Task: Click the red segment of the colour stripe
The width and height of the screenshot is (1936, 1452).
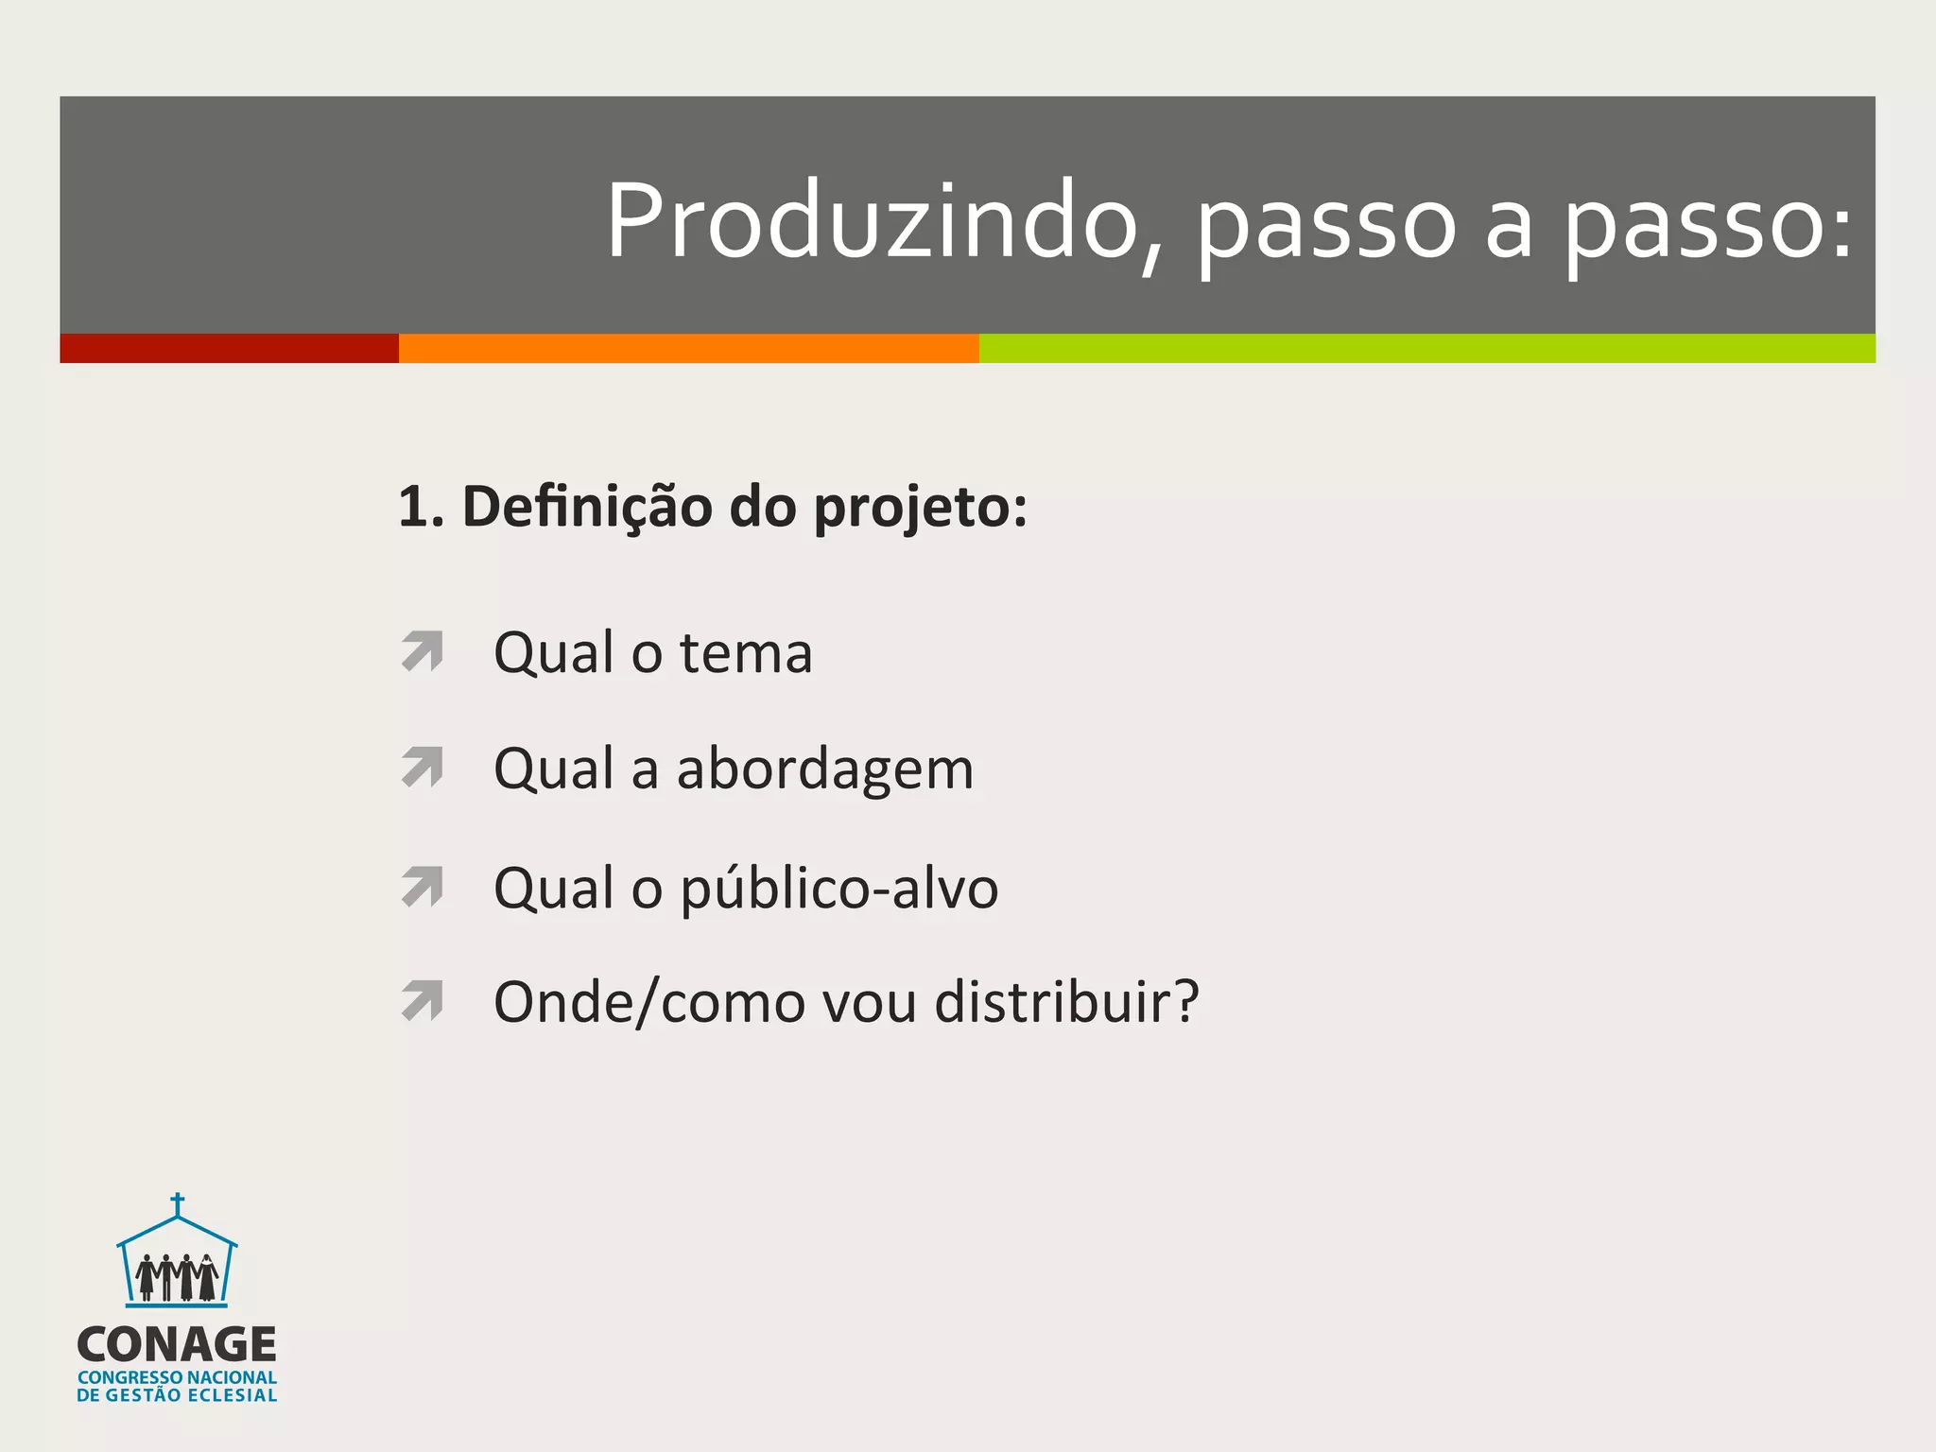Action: [229, 348]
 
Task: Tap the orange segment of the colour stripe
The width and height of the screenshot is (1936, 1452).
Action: [688, 348]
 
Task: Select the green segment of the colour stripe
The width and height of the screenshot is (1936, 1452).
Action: [1426, 348]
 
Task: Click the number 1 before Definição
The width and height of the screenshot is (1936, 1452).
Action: [412, 508]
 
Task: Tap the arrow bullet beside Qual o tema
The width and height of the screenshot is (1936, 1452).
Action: [423, 651]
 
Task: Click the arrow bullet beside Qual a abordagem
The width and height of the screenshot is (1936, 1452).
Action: [423, 767]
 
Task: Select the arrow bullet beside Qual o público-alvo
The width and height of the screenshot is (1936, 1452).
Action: [423, 886]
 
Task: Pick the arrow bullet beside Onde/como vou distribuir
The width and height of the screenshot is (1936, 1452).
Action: [423, 1001]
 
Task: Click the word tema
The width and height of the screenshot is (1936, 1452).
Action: [746, 653]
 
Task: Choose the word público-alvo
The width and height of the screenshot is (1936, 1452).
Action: [838, 890]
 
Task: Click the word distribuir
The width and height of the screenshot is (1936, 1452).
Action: [1066, 1002]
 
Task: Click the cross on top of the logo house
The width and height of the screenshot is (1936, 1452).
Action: [177, 1205]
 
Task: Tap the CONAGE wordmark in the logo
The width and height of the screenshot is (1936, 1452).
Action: [177, 1344]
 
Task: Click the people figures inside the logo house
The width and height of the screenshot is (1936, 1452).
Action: [177, 1277]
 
